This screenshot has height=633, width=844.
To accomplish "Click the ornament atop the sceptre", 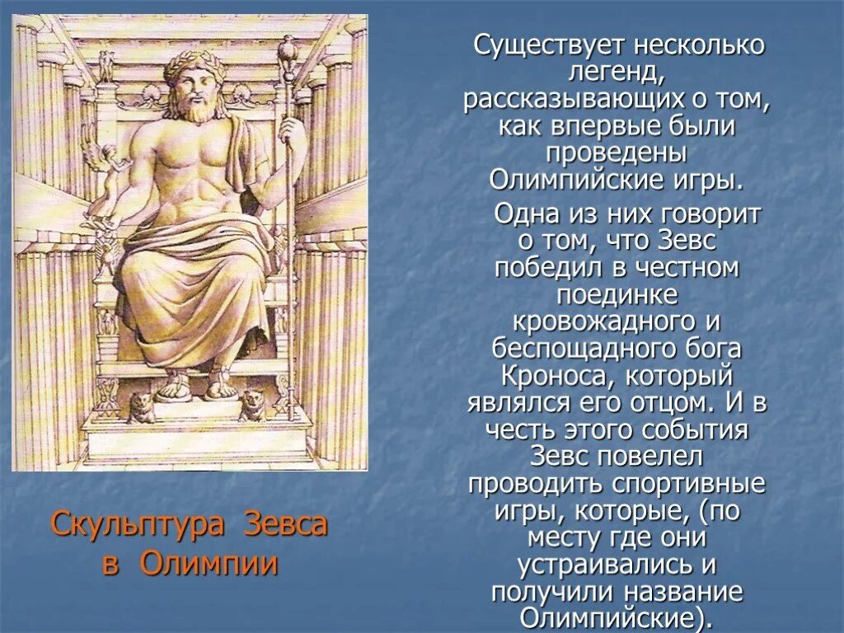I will click(289, 48).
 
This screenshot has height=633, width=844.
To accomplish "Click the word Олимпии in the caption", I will click(208, 564).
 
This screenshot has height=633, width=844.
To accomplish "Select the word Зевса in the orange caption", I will click(287, 524).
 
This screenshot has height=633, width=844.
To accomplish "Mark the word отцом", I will click(673, 403).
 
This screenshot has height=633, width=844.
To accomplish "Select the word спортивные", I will click(691, 482).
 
